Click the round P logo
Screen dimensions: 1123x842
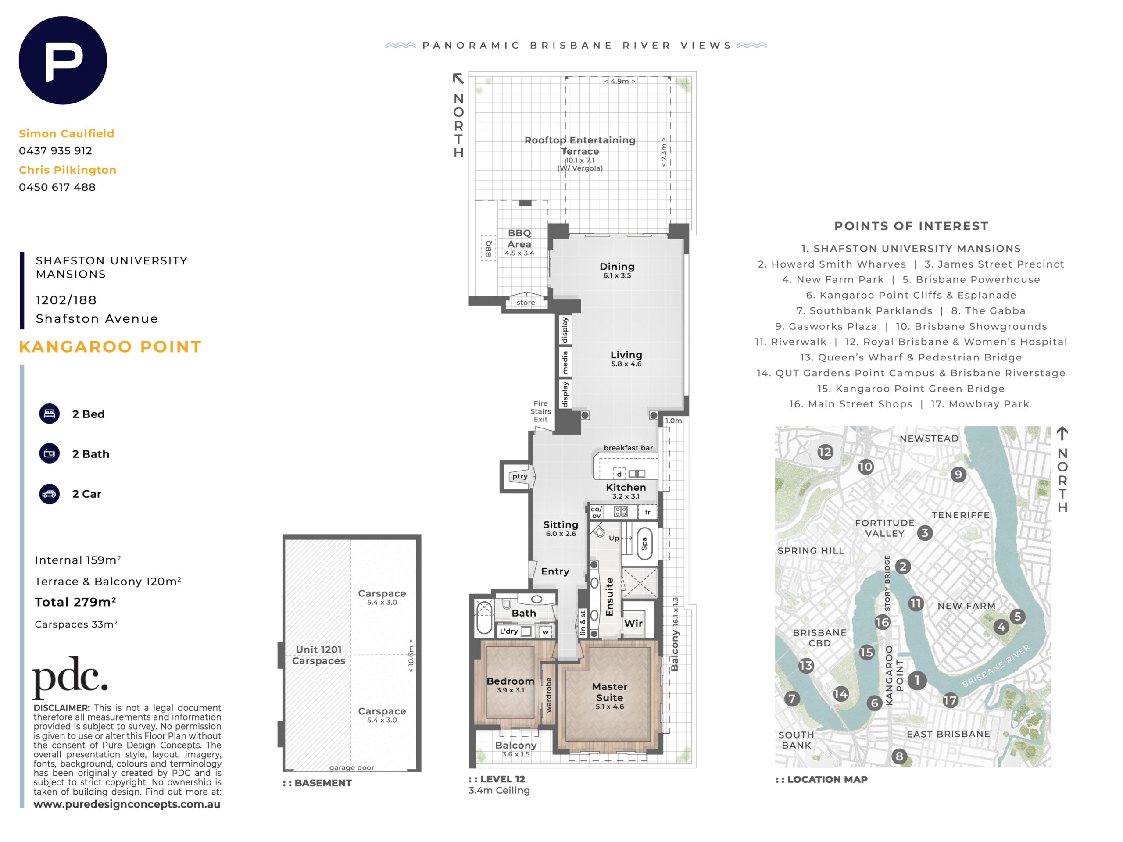point(63,61)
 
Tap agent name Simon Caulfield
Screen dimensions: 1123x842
point(67,133)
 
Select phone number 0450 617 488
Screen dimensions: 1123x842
point(57,187)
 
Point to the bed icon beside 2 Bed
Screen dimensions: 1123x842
point(49,414)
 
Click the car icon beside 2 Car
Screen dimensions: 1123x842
point(49,494)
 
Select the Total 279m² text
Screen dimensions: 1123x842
point(75,602)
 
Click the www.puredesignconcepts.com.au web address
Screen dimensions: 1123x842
point(127,804)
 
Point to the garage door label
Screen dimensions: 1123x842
point(351,767)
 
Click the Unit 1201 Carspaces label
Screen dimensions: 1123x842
point(318,655)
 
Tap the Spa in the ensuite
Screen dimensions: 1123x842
point(644,543)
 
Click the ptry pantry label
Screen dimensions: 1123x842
point(519,476)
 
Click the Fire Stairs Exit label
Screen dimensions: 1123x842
point(541,411)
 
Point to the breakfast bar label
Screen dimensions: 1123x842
point(628,448)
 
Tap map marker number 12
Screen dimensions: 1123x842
point(825,452)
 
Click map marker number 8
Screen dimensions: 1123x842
point(899,756)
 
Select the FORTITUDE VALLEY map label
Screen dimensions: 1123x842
point(884,528)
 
